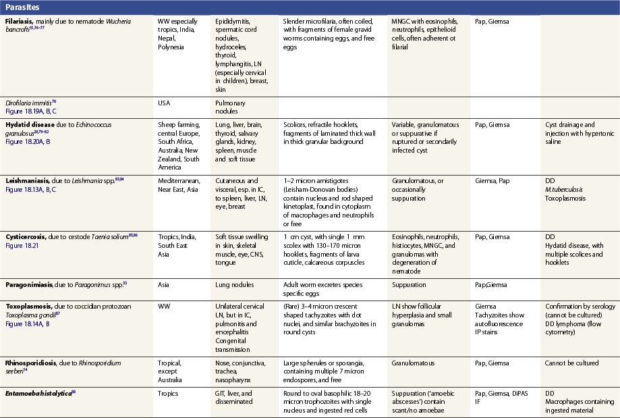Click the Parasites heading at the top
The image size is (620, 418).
[23, 6]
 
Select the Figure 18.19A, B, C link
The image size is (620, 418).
[33, 109]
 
